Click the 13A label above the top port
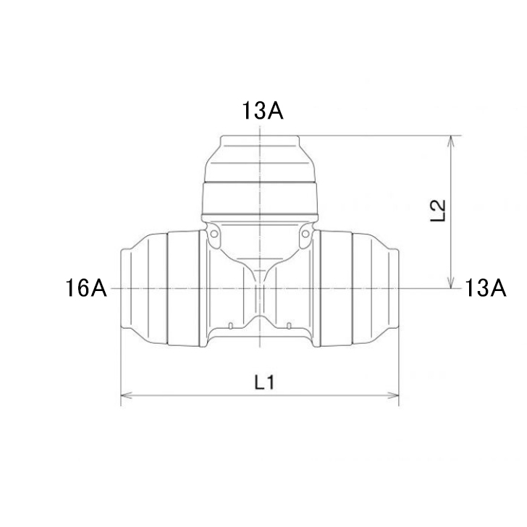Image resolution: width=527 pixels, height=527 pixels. point(263,110)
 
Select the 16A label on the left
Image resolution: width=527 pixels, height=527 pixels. point(86,288)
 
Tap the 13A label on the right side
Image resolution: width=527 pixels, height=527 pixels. point(485,288)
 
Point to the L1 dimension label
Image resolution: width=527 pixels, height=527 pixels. point(264,383)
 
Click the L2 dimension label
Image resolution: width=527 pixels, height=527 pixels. point(438,211)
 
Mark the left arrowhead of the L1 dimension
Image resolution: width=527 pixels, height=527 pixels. point(126,395)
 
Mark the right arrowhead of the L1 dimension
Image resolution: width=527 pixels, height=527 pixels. point(393,395)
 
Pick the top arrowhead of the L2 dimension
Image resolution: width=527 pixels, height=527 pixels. point(451,141)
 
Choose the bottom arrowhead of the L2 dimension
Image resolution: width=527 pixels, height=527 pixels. point(451,282)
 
